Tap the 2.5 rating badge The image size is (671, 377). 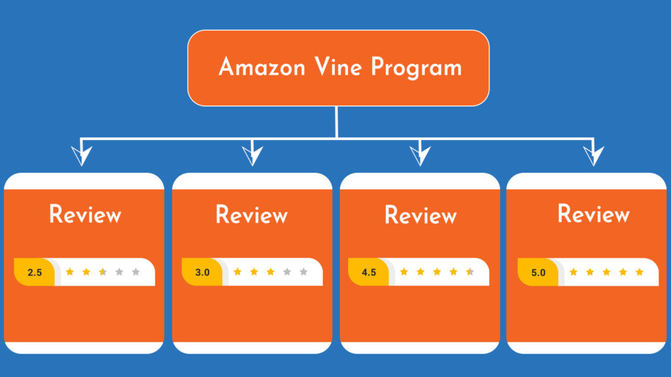coord(35,272)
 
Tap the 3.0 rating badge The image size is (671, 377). coord(202,272)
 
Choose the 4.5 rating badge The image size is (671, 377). coord(369,272)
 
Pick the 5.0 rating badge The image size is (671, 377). coord(538,272)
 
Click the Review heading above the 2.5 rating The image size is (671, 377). coord(85,215)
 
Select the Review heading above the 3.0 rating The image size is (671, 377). coord(252,215)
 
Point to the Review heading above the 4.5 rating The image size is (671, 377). coord(420,215)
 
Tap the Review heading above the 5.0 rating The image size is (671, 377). coord(594,214)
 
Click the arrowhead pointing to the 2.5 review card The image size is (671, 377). coord(82,156)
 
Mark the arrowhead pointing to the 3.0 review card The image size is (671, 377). coord(252,156)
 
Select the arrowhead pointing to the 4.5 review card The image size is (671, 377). coord(420,156)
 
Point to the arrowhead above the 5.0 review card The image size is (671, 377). coord(594,156)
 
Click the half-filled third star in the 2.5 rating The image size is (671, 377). coord(102,272)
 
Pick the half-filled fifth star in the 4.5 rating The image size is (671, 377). coord(470,272)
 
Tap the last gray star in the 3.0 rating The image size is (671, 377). coord(303,272)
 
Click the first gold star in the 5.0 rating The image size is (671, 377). coord(573,272)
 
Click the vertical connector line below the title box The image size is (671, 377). coord(336,122)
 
